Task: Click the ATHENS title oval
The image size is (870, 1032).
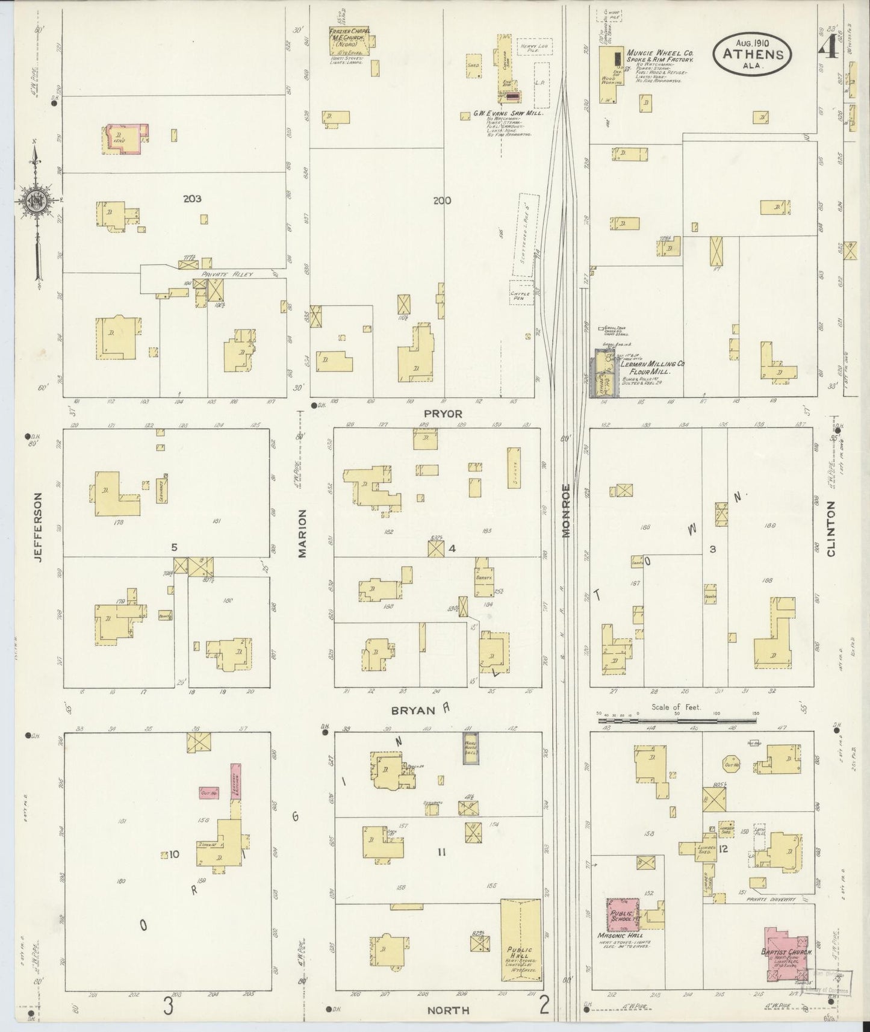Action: point(753,54)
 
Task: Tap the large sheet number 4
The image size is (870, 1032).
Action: point(829,43)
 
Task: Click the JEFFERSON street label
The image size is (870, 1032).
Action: point(39,527)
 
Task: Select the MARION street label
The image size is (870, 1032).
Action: point(302,533)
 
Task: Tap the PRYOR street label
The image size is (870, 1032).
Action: point(442,414)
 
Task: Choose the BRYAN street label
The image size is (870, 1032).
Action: point(413,710)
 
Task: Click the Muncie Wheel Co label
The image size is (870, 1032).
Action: point(660,56)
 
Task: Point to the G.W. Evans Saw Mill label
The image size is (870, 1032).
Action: point(508,113)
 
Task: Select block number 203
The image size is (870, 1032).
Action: point(193,199)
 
